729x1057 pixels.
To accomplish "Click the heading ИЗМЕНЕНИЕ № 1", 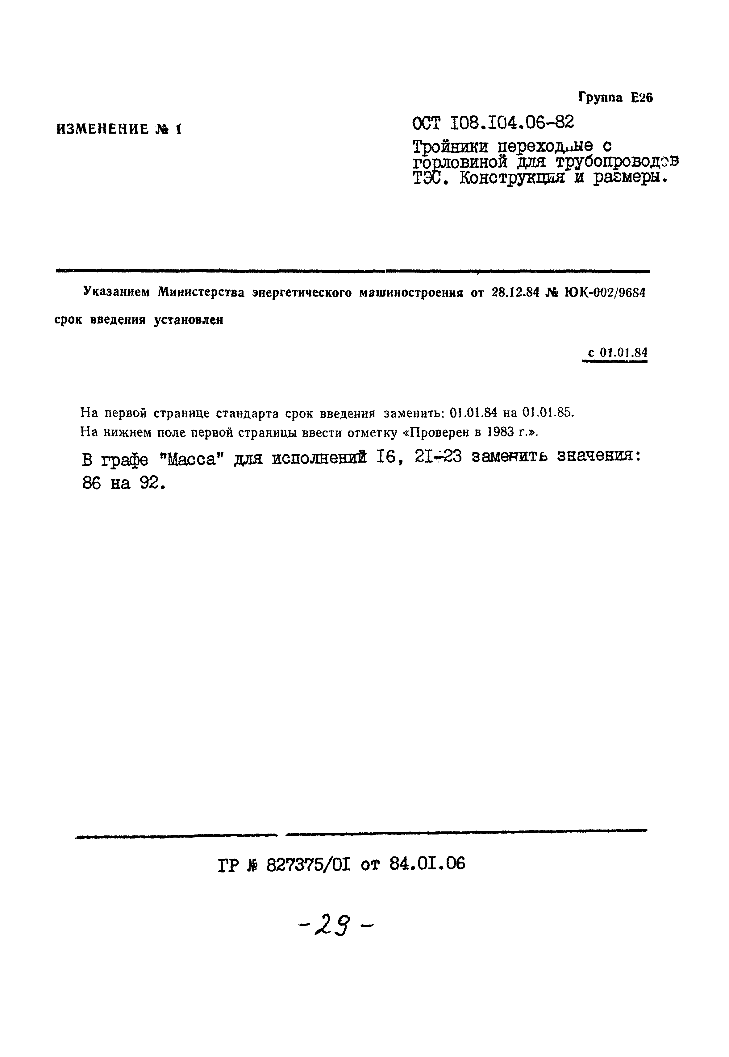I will [x=119, y=129].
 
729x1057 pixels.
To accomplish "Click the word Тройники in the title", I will [x=450, y=147].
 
